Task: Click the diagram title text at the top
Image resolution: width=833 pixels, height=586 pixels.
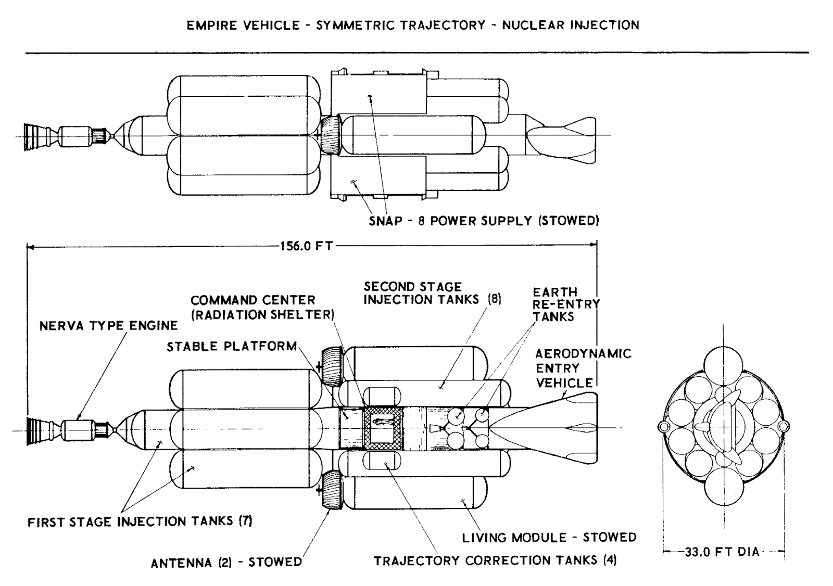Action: click(413, 25)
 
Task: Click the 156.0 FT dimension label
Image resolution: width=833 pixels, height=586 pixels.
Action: click(306, 246)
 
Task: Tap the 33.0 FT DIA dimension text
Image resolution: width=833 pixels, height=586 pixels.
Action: click(722, 552)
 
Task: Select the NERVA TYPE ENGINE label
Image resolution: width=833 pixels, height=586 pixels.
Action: click(109, 326)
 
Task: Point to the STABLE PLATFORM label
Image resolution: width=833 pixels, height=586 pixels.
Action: click(232, 347)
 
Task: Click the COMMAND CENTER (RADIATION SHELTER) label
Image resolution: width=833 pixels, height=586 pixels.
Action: click(262, 308)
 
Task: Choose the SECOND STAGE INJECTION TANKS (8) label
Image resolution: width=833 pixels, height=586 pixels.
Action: click(432, 293)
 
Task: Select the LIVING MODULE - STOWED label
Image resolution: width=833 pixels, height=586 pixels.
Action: click(549, 537)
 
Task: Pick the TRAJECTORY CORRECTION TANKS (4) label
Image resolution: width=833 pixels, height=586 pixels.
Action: click(495, 560)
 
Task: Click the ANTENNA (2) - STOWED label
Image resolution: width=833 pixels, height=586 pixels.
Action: click(226, 563)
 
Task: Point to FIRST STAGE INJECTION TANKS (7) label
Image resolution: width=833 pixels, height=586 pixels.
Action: click(140, 521)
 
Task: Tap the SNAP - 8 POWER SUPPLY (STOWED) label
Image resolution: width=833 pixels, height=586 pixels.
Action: click(484, 221)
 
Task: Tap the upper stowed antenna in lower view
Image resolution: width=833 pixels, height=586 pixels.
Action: click(331, 365)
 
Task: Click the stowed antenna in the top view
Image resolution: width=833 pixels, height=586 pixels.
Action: click(330, 135)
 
